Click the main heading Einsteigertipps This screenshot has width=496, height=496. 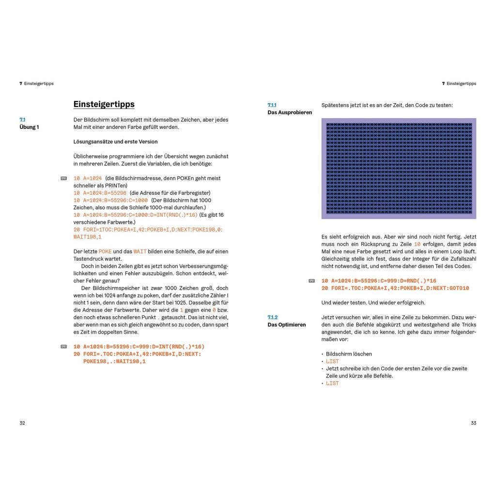tap(104, 104)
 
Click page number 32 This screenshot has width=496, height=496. tap(22, 423)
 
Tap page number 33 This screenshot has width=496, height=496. tap(473, 423)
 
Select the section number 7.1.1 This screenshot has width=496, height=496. tap(272, 105)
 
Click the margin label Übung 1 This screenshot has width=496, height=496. tap(29, 127)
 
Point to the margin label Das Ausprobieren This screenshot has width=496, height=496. tap(290, 112)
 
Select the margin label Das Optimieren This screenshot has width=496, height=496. tap(287, 325)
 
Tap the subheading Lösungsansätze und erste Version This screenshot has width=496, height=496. tap(115, 141)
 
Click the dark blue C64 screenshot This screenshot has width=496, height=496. tap(399, 169)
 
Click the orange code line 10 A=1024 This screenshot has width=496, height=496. tap(88, 178)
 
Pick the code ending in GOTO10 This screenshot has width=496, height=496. tap(395, 288)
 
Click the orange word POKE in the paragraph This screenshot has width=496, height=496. tap(105, 251)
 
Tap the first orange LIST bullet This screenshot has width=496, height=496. tap(332, 361)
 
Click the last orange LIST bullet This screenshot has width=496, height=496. tap(332, 383)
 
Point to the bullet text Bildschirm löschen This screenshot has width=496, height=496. tap(349, 354)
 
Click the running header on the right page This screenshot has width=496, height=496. tap(459, 83)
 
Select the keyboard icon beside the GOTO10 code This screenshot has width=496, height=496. tap(311, 281)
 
